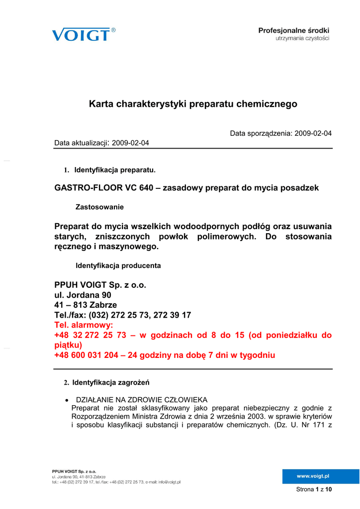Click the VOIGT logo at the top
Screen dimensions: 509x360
pyautogui.click(x=81, y=34)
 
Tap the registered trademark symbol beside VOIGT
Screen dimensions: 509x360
pyautogui.click(x=113, y=30)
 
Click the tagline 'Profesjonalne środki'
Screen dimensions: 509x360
pyautogui.click(x=293, y=30)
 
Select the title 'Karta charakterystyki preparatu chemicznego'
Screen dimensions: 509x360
pyautogui.click(x=193, y=104)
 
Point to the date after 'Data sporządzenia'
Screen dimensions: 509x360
pyautogui.click(x=313, y=133)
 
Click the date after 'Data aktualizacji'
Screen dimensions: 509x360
pyautogui.click(x=131, y=143)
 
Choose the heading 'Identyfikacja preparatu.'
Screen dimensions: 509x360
pyautogui.click(x=115, y=170)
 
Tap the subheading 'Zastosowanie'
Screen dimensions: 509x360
pyautogui.click(x=99, y=206)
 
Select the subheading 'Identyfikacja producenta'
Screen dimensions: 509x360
pyautogui.click(x=118, y=265)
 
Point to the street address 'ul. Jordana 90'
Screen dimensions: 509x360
pyautogui.click(x=83, y=295)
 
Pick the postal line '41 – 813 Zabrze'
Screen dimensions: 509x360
pyautogui.click(x=86, y=305)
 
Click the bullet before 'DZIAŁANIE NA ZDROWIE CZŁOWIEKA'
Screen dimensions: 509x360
pyautogui.click(x=67, y=400)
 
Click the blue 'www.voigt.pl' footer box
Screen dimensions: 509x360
pyautogui.click(x=313, y=476)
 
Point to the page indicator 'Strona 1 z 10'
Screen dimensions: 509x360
pyautogui.click(x=314, y=490)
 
